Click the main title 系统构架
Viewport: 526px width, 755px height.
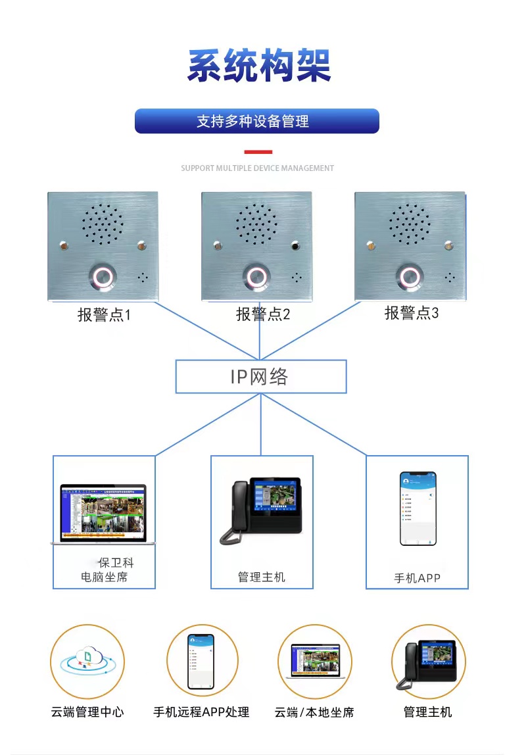point(259,65)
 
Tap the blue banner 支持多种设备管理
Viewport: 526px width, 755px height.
point(256,121)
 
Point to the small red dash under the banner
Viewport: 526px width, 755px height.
point(257,152)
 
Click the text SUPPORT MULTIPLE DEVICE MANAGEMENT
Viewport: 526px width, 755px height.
point(257,168)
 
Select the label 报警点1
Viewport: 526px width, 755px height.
point(104,315)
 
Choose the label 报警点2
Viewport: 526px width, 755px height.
point(263,314)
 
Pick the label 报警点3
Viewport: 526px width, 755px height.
point(411,313)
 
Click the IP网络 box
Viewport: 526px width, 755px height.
point(260,377)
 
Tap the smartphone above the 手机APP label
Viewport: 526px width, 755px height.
point(418,508)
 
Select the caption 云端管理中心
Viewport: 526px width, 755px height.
point(87,712)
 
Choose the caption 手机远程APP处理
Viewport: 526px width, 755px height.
point(201,712)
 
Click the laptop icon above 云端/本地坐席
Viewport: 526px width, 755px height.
point(314,661)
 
